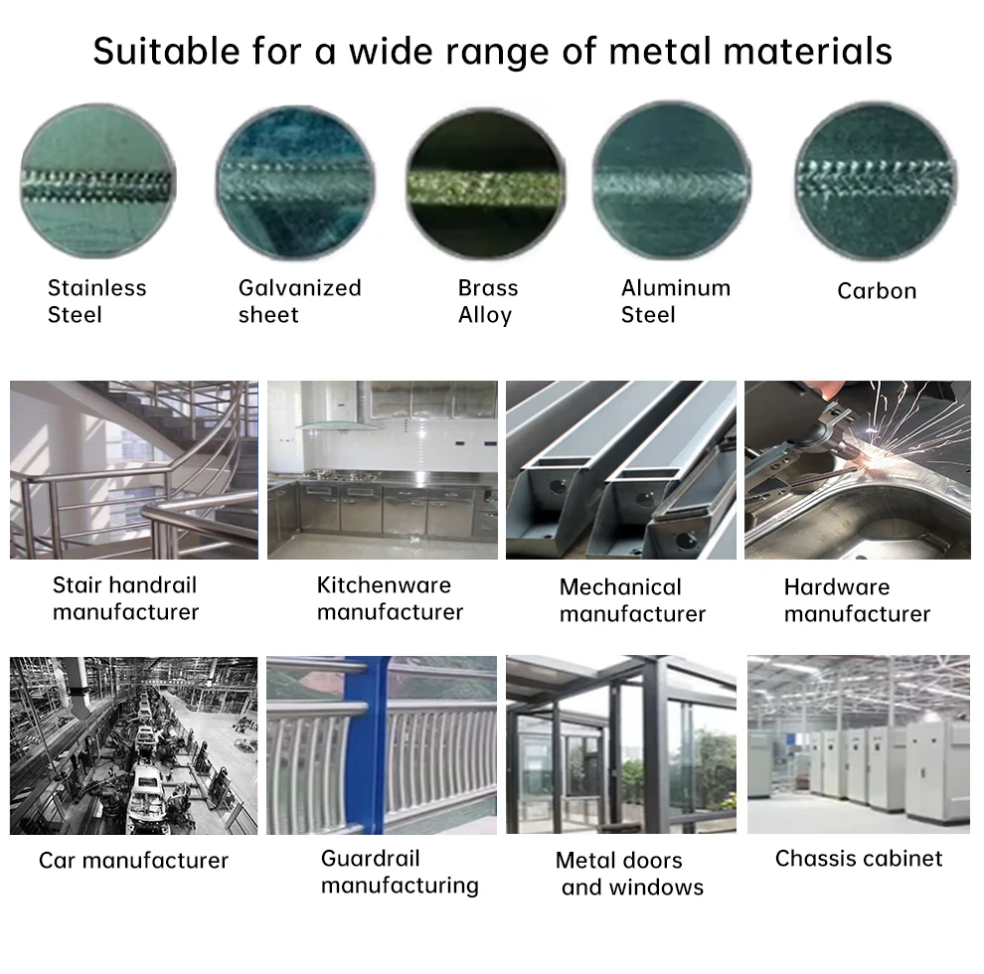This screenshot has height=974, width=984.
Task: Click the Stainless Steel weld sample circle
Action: (x=97, y=181)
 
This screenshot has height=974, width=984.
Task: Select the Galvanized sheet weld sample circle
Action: (x=295, y=183)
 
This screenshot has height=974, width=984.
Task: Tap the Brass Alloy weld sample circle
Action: (x=486, y=184)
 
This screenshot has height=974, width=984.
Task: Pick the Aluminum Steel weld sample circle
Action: (x=672, y=181)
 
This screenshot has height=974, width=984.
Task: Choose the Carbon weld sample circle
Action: (x=876, y=181)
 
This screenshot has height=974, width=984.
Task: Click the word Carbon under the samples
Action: (x=877, y=291)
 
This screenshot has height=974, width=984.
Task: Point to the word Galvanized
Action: (x=300, y=288)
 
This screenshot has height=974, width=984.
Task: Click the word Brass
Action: (x=488, y=288)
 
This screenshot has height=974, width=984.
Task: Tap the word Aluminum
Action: (x=676, y=288)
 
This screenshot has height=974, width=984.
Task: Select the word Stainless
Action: (x=96, y=288)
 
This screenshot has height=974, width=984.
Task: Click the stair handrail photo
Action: (x=133, y=469)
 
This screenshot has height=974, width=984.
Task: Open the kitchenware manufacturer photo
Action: (x=383, y=469)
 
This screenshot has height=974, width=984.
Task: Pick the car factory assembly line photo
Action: (x=133, y=745)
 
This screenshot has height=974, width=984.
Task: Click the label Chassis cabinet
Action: (x=859, y=859)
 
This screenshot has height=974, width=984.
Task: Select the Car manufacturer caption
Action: (x=133, y=861)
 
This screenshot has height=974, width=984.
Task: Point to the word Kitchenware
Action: (x=384, y=585)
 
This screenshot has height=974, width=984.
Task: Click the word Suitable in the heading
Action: (x=166, y=51)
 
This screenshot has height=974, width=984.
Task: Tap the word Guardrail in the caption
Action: (x=371, y=859)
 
